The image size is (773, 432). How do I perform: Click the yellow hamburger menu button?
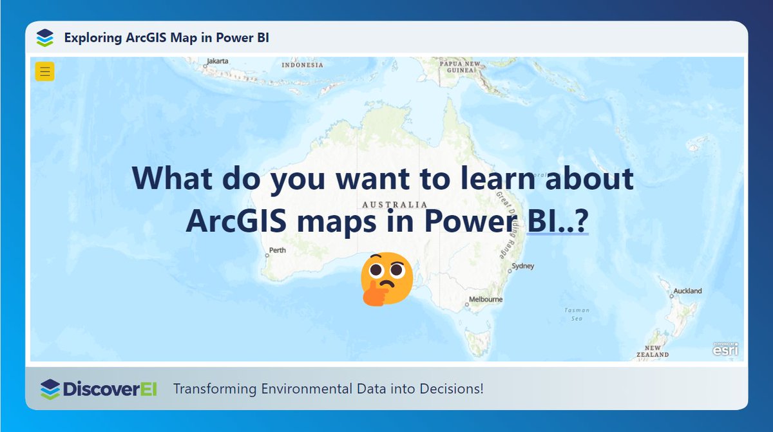click(44, 71)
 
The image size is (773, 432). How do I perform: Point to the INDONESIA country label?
click(302, 65)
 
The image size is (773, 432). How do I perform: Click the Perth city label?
click(278, 250)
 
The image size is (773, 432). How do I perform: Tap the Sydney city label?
click(522, 266)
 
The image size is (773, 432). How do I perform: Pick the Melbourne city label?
click(486, 299)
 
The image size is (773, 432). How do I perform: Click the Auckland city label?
click(687, 291)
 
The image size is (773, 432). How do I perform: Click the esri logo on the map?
click(725, 348)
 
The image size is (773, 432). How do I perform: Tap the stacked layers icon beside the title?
click(44, 38)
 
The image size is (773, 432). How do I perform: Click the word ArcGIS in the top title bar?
click(142, 38)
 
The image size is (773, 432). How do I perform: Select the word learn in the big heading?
click(501, 178)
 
